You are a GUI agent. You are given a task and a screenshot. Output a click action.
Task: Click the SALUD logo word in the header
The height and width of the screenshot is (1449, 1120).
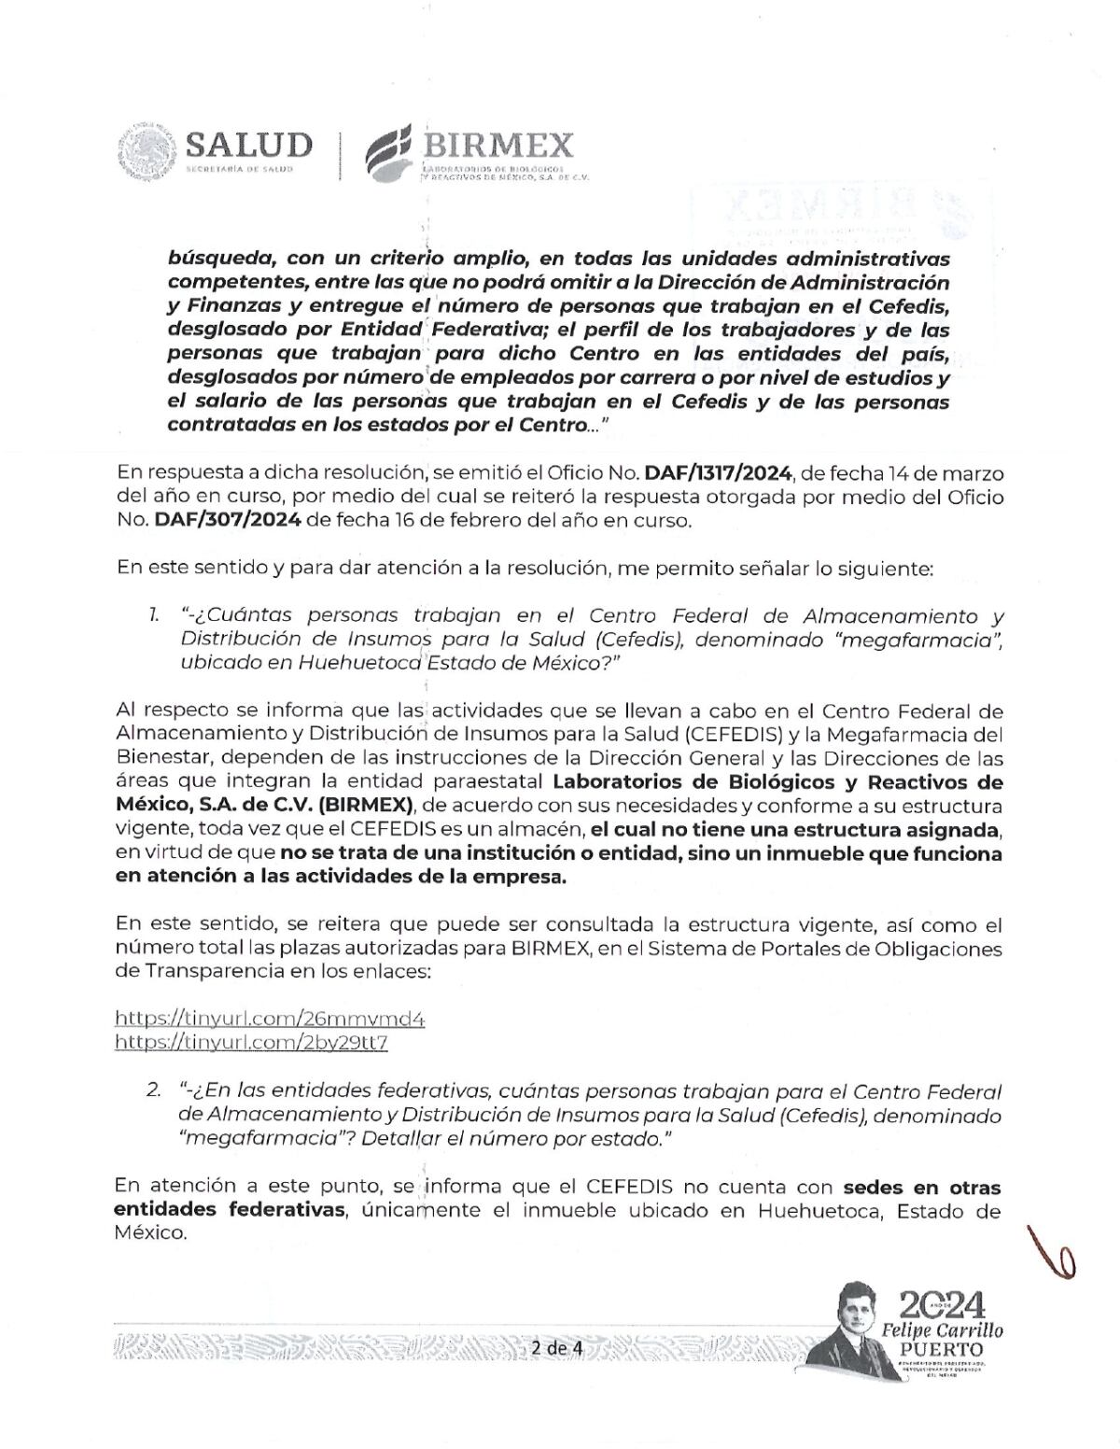(x=248, y=146)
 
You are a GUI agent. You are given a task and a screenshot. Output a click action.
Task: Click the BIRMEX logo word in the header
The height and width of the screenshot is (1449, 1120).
(x=497, y=146)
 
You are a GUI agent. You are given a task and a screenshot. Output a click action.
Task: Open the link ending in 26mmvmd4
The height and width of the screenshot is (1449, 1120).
(x=270, y=1019)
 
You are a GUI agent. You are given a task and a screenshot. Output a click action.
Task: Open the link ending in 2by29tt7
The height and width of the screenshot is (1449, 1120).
(x=251, y=1042)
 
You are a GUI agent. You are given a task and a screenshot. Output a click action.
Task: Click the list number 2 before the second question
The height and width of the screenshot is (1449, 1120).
(x=153, y=1091)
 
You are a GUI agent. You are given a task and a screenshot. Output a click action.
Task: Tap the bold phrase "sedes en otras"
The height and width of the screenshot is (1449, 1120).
(x=921, y=1189)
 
